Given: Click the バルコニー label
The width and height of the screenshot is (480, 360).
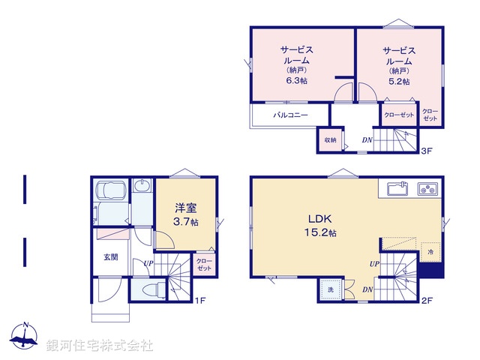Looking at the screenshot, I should (287, 115).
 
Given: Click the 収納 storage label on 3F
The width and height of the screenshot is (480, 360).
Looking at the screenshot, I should (330, 140).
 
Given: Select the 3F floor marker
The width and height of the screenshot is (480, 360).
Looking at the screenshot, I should (426, 151).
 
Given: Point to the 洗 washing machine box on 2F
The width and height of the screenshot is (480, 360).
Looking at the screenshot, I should (330, 289).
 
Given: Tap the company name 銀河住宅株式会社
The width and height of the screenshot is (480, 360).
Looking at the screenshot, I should (100, 345).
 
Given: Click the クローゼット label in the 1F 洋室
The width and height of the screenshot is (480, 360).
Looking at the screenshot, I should (204, 265).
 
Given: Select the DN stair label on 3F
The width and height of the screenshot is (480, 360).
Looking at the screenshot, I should (367, 140).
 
